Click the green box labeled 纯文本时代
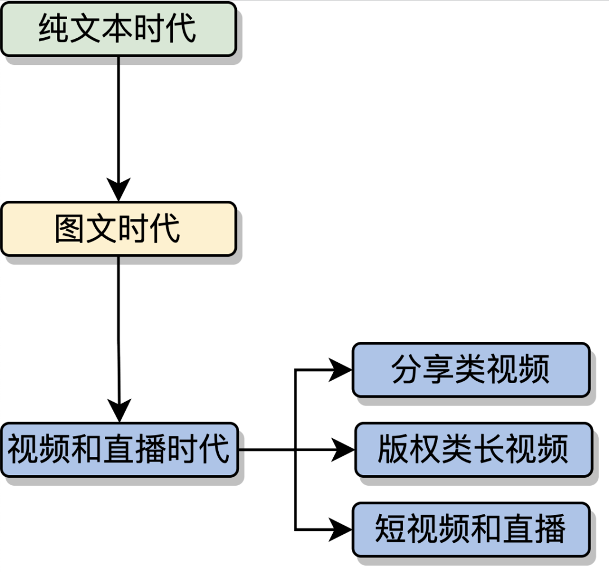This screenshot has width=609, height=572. click(118, 29)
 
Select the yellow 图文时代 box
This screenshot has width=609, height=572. click(118, 228)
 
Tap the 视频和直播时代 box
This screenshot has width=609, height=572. click(119, 450)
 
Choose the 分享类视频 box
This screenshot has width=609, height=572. click(471, 369)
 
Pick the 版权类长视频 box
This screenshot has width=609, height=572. click(473, 450)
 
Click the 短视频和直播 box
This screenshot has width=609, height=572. click(471, 530)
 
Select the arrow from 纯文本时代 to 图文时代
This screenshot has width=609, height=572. click(118, 124)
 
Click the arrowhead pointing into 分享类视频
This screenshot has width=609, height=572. click(341, 370)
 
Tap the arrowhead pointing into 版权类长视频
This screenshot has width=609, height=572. click(343, 450)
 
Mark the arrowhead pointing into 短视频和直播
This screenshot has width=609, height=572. click(341, 530)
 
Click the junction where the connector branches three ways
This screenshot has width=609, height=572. click(295, 450)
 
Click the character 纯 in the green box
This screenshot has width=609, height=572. click(54, 29)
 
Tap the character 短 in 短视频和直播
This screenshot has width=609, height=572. click(391, 530)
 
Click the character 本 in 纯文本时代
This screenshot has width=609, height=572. click(118, 29)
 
